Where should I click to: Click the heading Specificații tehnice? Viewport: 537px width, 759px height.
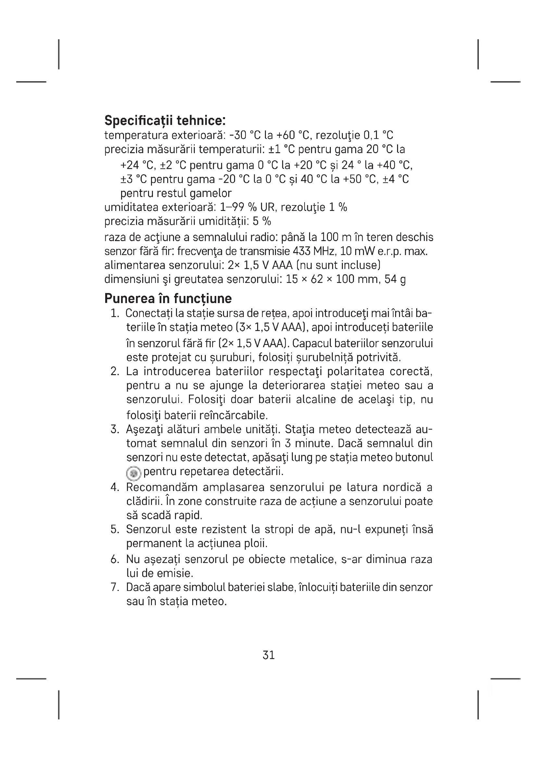click(165, 120)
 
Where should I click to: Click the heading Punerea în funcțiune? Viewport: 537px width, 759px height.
click(168, 299)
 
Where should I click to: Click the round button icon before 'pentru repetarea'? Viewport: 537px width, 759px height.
click(133, 473)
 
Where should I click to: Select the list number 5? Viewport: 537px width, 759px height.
click(115, 530)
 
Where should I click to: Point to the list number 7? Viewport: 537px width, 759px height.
click(115, 587)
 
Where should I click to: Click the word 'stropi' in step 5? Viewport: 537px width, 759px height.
click(279, 530)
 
